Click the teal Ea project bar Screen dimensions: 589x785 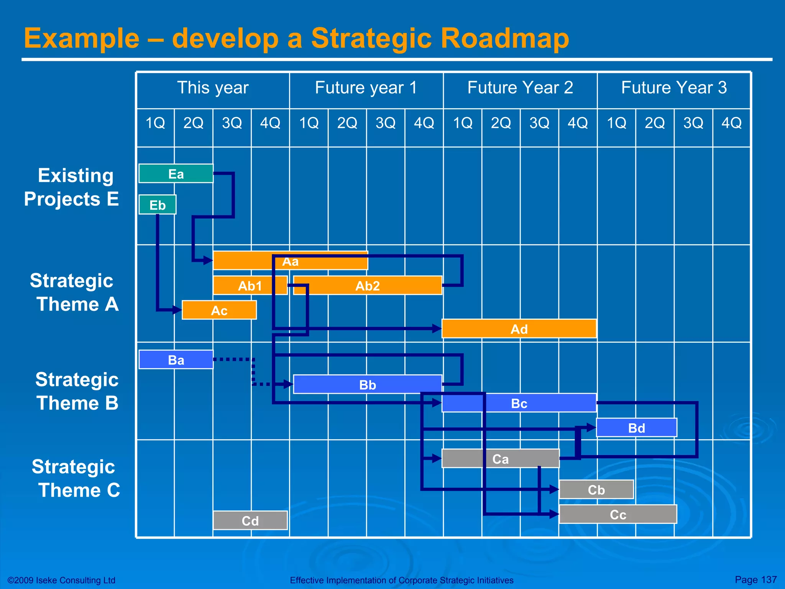(176, 174)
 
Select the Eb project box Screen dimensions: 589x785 (158, 205)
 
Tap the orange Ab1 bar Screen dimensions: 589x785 (250, 286)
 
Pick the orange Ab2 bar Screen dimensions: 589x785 (367, 286)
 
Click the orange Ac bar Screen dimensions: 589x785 (219, 310)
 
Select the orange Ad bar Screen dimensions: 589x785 (519, 329)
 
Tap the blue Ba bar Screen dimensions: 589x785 (176, 360)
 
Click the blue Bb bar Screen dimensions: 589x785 (367, 385)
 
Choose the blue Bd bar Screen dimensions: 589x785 (636, 428)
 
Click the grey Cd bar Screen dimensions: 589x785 (250, 521)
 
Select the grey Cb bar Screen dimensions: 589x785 (596, 490)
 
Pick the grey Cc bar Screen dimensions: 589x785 (618, 514)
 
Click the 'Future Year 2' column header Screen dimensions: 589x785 (520, 88)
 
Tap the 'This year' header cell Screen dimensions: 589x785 (213, 88)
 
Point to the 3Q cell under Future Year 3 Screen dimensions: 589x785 (693, 123)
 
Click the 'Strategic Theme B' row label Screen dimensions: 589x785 (77, 391)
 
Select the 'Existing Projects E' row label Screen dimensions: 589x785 (71, 187)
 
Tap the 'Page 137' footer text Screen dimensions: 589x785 (755, 579)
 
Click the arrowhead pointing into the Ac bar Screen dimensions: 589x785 (177, 310)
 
